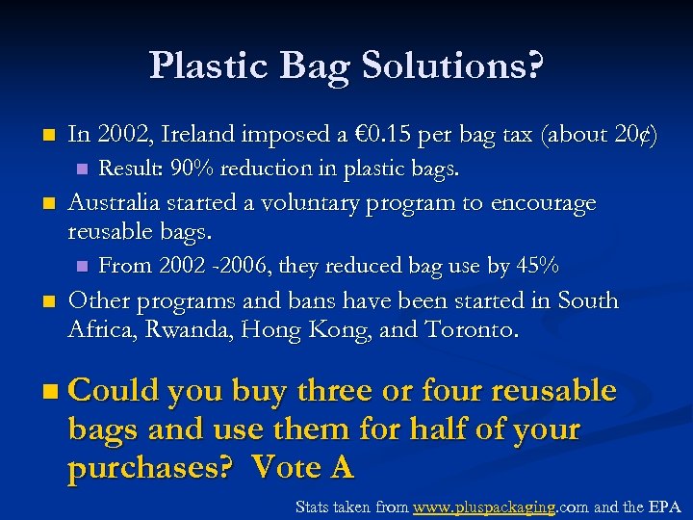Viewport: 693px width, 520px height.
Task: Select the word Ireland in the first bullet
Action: coord(203,136)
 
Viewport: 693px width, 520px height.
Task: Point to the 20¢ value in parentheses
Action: coord(629,136)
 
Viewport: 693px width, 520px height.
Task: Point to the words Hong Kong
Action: coord(291,331)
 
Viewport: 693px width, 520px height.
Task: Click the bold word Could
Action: coord(114,391)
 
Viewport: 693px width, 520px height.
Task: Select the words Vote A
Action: coord(302,468)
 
